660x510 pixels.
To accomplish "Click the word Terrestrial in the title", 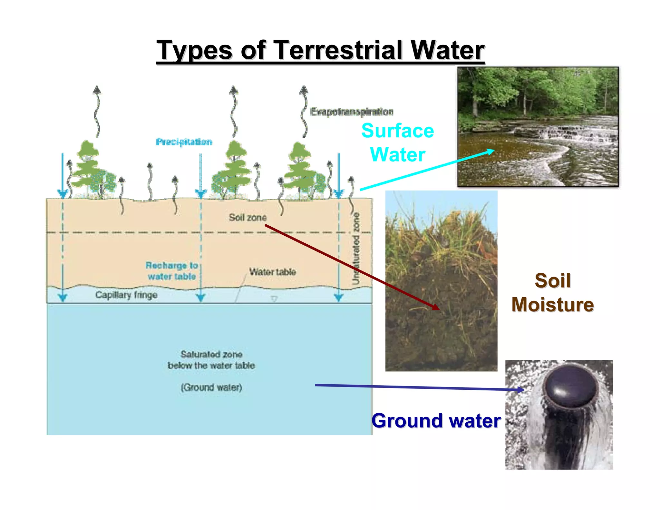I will (338, 50).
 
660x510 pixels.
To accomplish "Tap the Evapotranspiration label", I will (351, 112).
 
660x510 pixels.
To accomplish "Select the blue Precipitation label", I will (184, 142).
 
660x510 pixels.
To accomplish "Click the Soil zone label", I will (247, 217).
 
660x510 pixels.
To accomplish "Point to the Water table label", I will (273, 272).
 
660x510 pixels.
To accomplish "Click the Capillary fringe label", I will (126, 295).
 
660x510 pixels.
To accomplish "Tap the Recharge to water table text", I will (171, 271).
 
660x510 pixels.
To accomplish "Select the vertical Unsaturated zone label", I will (355, 248).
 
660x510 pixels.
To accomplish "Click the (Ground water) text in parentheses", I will (211, 387).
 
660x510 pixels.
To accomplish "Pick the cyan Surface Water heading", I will (398, 142).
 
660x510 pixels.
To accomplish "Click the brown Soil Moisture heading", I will (552, 292).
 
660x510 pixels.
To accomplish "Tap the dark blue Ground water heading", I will (436, 421).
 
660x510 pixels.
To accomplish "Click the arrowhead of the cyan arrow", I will (491, 151).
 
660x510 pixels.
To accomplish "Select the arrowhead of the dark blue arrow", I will (521, 389).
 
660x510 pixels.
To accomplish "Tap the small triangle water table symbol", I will (274, 299).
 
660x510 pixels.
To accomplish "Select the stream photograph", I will (538, 126).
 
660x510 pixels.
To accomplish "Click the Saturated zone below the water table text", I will (211, 360).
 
